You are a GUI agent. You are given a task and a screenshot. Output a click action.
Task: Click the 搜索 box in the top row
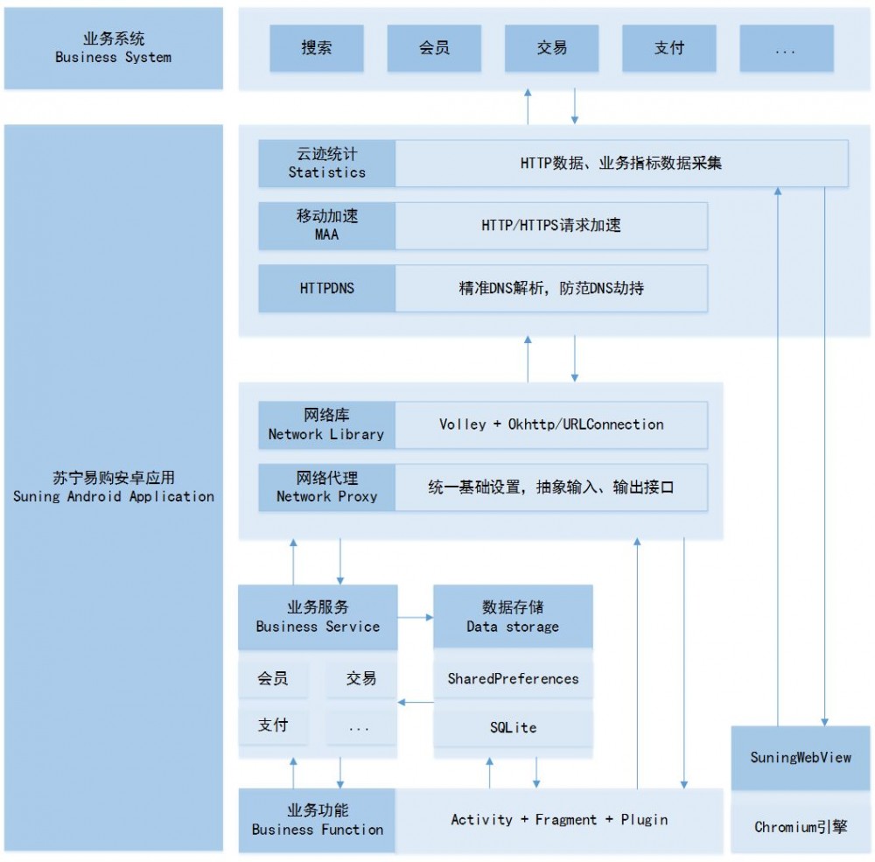(x=316, y=48)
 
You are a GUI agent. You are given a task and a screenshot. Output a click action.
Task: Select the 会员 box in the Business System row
(x=434, y=48)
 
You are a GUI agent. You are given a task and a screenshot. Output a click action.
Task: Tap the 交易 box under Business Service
(x=360, y=678)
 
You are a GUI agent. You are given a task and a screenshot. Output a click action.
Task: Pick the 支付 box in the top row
(x=669, y=48)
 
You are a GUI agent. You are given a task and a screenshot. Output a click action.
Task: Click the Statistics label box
(x=326, y=163)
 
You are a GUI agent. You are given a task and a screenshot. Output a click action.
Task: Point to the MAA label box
(x=326, y=225)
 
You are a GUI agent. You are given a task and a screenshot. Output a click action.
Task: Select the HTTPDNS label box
(x=326, y=288)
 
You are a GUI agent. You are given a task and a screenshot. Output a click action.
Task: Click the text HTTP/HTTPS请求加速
(x=551, y=225)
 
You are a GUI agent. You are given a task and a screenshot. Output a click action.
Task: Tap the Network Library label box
(x=326, y=424)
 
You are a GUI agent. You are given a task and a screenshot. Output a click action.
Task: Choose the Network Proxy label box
(x=326, y=487)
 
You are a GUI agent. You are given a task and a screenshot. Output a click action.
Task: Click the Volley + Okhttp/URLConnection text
(x=551, y=424)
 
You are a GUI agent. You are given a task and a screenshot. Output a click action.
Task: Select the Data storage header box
(x=513, y=617)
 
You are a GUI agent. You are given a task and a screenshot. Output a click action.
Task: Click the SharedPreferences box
(x=513, y=678)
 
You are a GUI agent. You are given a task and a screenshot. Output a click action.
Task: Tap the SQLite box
(x=513, y=727)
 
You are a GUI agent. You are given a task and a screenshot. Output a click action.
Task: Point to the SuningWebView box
(x=801, y=758)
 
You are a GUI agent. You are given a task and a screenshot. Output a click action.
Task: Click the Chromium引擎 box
(x=801, y=825)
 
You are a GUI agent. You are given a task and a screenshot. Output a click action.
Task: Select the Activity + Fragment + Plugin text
(x=559, y=820)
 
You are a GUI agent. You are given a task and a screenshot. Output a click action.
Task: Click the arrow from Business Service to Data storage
(x=416, y=618)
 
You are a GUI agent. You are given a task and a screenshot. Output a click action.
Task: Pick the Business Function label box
(x=317, y=820)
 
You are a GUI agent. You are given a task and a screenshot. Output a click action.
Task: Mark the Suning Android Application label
(x=114, y=487)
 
